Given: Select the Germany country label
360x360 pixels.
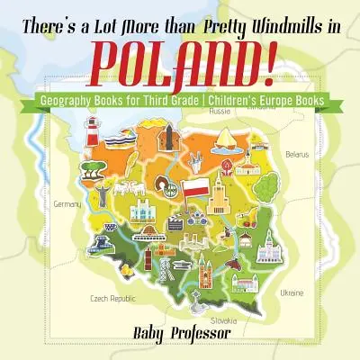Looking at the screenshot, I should (x=67, y=205).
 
